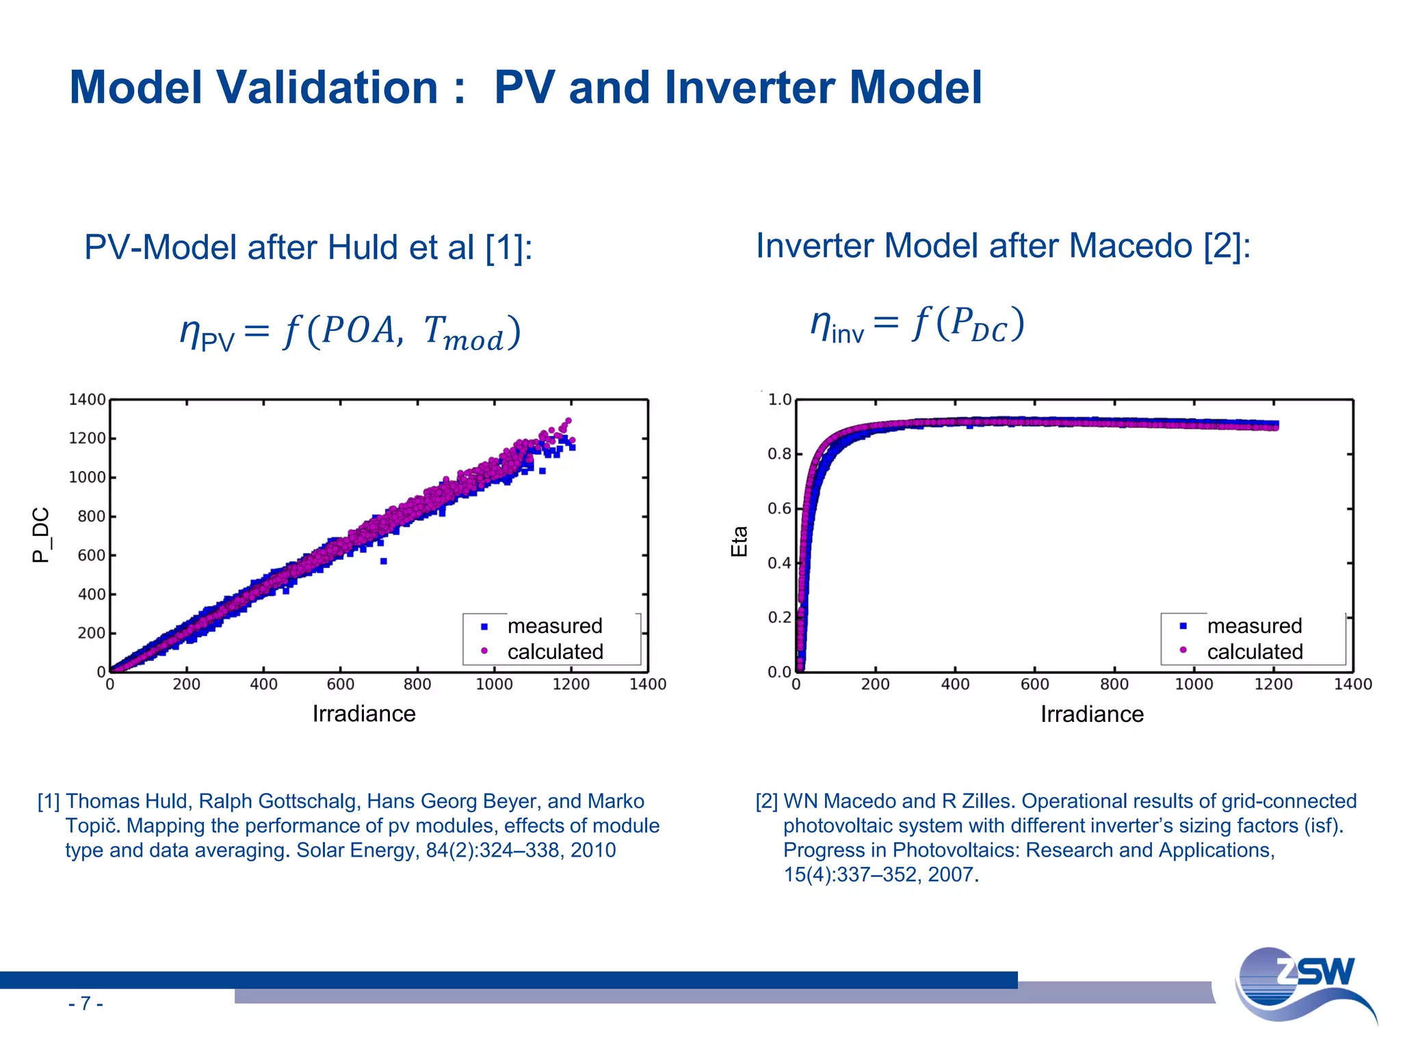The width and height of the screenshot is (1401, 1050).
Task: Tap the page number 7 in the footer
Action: point(86,1004)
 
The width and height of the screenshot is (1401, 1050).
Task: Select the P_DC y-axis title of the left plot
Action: point(41,535)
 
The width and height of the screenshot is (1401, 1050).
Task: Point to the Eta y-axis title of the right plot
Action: point(739,541)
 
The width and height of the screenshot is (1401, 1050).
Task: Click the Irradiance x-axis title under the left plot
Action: point(364,714)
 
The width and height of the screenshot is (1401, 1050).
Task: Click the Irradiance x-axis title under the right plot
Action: point(1092,714)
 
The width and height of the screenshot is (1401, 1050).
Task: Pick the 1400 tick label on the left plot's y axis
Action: point(87,400)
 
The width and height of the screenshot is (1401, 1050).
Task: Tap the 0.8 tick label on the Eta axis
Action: point(779,455)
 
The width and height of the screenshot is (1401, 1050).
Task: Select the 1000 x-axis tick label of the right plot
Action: point(1194,684)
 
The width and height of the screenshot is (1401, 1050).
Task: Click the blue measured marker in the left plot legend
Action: point(484,626)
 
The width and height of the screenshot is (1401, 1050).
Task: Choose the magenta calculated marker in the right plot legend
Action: point(1183,650)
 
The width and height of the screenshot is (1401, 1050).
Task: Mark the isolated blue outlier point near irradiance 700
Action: point(384,561)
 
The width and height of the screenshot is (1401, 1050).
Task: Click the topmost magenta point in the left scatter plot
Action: point(568,421)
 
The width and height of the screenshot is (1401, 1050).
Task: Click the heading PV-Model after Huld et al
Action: point(308,247)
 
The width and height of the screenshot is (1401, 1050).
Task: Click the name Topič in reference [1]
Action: point(93,826)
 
